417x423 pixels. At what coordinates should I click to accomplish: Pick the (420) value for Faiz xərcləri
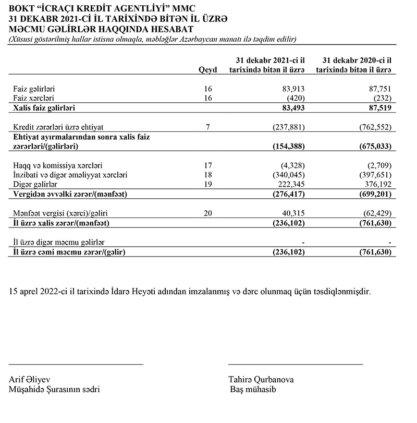[295, 98]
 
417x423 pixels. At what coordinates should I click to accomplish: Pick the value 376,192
[379, 184]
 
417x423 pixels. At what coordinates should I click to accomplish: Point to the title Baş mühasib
[253, 390]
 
